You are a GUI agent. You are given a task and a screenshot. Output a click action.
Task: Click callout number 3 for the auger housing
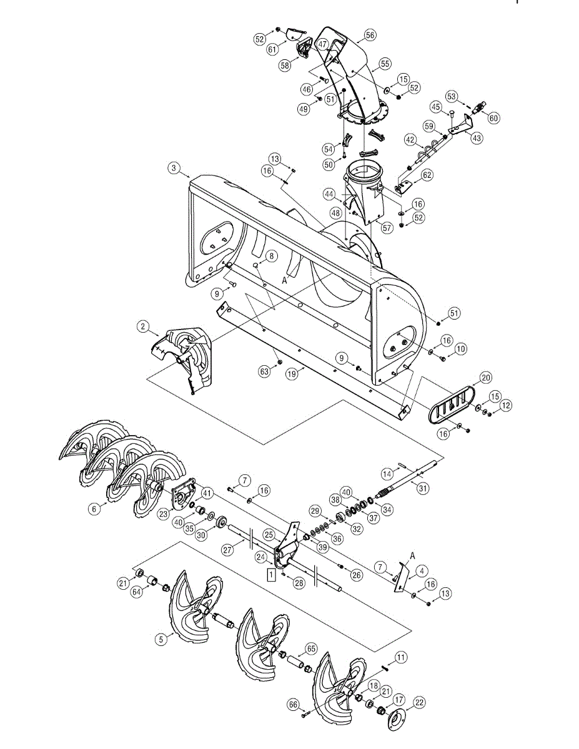[x=174, y=168]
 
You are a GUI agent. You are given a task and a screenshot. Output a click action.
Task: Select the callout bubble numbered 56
[x=370, y=36]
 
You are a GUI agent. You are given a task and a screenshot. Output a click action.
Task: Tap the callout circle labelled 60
[x=494, y=117]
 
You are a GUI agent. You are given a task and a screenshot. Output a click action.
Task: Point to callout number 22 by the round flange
[x=419, y=702]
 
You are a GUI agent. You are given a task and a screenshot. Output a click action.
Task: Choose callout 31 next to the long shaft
[x=423, y=489]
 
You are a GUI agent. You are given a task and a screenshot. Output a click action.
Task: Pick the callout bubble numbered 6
[x=94, y=509]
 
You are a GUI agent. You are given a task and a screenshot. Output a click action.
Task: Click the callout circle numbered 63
[x=264, y=371]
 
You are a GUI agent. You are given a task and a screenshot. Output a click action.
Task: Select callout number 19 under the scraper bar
[x=291, y=374]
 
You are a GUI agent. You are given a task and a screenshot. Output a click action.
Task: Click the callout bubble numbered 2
[x=143, y=326]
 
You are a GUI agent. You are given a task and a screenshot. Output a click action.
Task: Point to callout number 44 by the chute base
[x=329, y=195]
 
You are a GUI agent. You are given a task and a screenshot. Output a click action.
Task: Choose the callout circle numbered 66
[x=293, y=704]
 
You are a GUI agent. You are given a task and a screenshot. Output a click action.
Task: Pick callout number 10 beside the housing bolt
[x=460, y=350]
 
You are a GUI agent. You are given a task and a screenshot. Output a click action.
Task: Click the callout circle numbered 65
[x=310, y=648]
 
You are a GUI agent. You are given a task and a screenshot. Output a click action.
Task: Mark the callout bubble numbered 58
[x=285, y=65]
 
